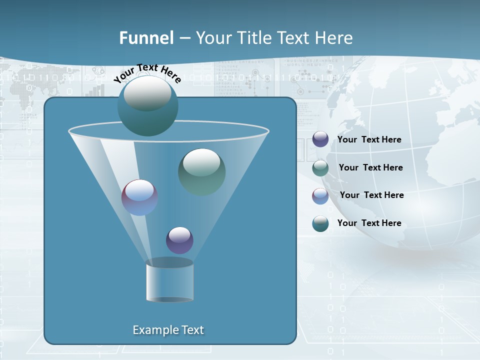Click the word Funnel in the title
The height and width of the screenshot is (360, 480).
click(x=146, y=38)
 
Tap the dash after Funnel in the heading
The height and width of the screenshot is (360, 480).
click(x=184, y=38)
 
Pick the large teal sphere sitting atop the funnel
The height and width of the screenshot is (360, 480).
click(x=147, y=105)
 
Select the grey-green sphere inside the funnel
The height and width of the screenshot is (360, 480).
click(x=201, y=171)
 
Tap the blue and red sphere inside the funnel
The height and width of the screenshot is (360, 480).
click(x=139, y=197)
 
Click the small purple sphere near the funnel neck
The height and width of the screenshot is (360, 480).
click(x=179, y=240)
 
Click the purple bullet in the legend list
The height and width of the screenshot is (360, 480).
click(x=320, y=139)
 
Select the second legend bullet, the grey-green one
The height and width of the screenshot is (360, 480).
click(x=320, y=168)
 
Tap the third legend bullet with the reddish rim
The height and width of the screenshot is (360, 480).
click(x=320, y=196)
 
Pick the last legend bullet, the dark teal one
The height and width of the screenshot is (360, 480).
click(x=320, y=223)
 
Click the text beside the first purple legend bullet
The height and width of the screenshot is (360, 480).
click(x=369, y=139)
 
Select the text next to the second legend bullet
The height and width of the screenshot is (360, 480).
click(x=370, y=167)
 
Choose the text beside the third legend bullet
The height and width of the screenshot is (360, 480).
click(x=371, y=195)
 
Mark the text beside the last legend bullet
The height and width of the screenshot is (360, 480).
click(x=369, y=223)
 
